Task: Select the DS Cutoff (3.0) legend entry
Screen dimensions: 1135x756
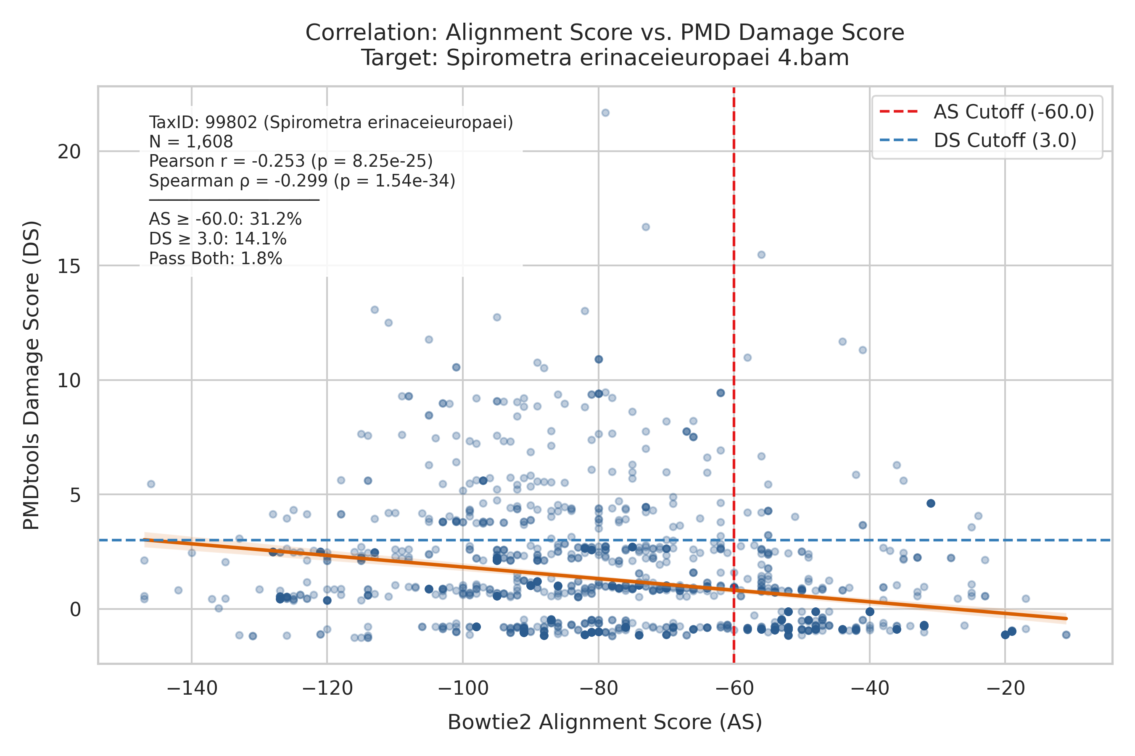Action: (x=978, y=140)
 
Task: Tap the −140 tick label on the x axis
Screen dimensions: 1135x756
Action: (x=192, y=688)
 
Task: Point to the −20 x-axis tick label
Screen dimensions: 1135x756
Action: (x=1005, y=688)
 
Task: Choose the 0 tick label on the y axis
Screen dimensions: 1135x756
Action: (x=75, y=609)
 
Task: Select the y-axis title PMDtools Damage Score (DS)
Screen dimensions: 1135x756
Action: (x=32, y=375)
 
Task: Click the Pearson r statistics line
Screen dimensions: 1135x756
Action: (x=290, y=161)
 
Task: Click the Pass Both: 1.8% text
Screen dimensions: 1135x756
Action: (x=215, y=259)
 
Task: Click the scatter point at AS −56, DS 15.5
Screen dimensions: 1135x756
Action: (x=761, y=255)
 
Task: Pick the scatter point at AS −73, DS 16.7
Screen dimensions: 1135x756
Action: (x=646, y=227)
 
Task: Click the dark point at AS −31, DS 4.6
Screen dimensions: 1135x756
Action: (x=931, y=503)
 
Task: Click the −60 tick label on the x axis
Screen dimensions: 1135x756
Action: (x=734, y=688)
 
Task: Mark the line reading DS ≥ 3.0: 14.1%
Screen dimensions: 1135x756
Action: (x=218, y=239)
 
